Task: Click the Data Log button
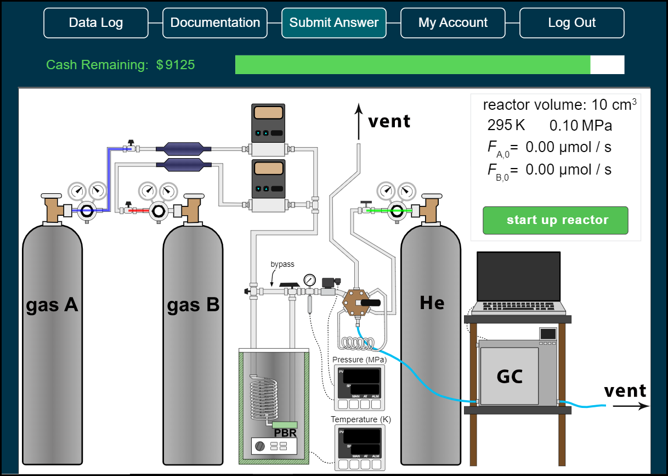[96, 23]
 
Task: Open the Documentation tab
[215, 23]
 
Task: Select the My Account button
[452, 23]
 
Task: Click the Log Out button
[571, 23]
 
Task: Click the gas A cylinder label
[52, 305]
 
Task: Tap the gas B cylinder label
[193, 305]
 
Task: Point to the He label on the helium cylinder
[432, 303]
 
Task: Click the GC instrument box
[510, 377]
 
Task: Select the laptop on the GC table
[518, 283]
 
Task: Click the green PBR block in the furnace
[285, 425]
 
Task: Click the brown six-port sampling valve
[356, 303]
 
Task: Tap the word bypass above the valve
[282, 264]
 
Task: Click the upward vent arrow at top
[359, 121]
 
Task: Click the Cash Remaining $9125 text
[120, 65]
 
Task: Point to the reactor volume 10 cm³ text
[559, 105]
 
